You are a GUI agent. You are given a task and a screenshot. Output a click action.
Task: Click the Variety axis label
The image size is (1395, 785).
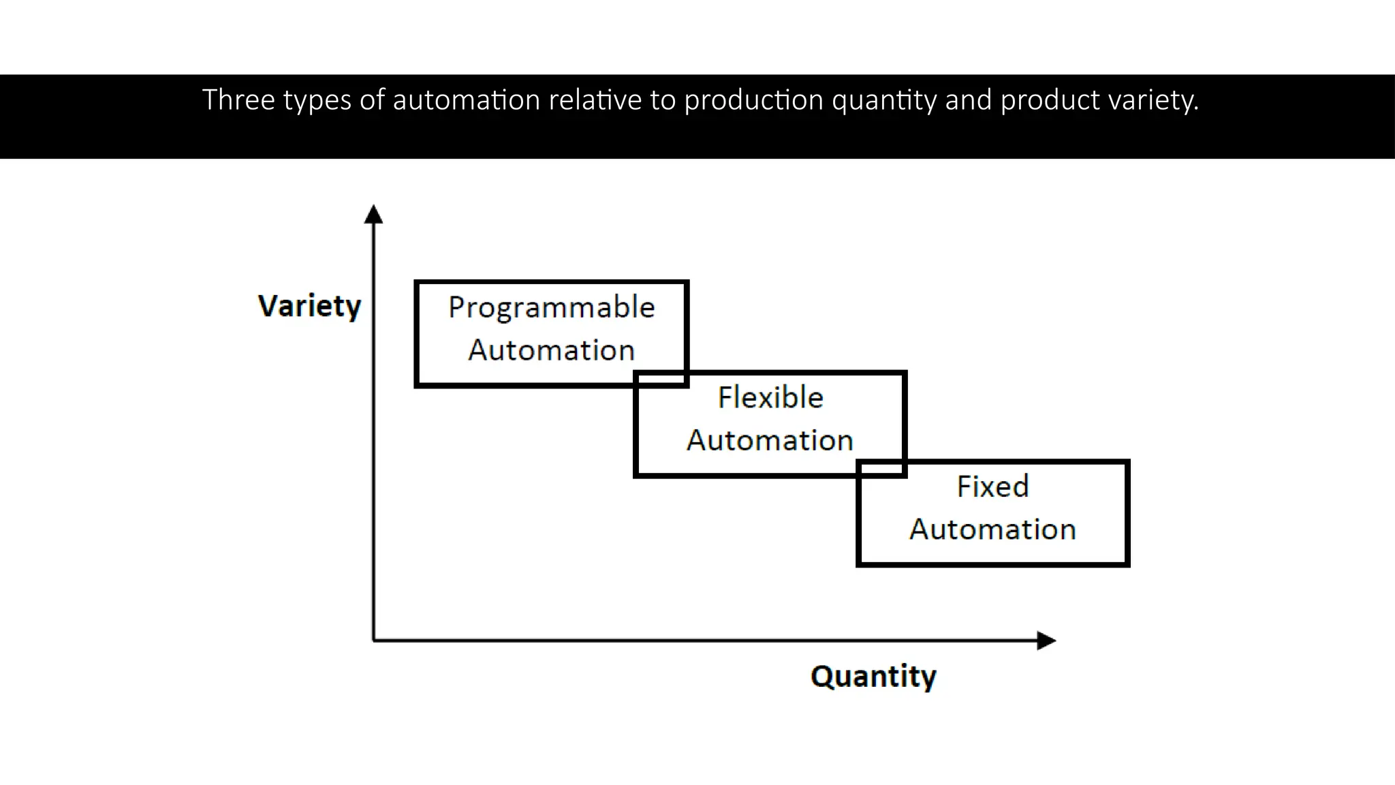[x=309, y=306]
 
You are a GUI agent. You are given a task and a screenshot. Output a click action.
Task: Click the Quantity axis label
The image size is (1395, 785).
[x=873, y=676]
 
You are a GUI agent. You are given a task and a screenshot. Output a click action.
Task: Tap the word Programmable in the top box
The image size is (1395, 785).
[x=552, y=307]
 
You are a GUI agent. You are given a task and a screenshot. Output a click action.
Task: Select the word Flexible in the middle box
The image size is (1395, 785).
[x=770, y=397]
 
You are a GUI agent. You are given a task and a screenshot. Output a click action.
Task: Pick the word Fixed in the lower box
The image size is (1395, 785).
[x=992, y=487]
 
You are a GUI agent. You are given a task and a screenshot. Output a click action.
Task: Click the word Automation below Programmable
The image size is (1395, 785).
[x=552, y=350]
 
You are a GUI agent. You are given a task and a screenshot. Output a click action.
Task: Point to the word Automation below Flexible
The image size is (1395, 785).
[x=770, y=440]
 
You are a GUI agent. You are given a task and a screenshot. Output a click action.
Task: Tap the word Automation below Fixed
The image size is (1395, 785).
[x=992, y=529]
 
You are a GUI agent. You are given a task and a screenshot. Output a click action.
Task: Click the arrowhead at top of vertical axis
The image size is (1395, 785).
[x=373, y=214]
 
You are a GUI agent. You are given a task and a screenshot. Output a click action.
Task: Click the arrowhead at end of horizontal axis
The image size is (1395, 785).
[x=1046, y=641]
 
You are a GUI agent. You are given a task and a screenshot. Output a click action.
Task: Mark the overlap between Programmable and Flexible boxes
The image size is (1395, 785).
[x=661, y=379]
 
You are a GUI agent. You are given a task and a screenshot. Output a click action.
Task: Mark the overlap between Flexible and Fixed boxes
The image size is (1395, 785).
[x=881, y=468]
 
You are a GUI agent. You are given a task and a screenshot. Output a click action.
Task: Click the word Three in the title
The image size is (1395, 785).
[x=238, y=100]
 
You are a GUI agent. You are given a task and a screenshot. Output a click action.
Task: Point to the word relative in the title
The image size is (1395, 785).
[x=595, y=100]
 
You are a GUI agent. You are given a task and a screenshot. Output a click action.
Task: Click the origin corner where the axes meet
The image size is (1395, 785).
[x=373, y=641]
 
